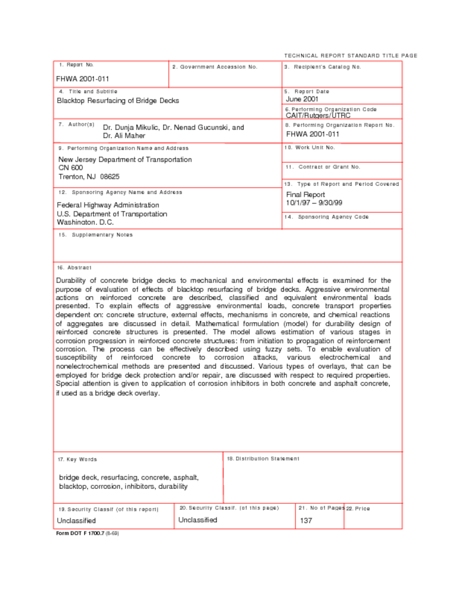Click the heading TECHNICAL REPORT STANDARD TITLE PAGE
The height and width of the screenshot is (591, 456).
(351, 55)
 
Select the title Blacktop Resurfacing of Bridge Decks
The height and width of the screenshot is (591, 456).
(118, 100)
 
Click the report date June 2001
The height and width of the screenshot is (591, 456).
(302, 99)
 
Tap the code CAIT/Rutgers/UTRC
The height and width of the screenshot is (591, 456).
(318, 115)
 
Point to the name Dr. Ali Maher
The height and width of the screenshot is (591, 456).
(125, 136)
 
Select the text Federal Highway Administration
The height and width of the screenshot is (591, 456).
(108, 205)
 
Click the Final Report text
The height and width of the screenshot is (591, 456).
(306, 195)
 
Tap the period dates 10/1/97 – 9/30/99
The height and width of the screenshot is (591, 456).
(314, 203)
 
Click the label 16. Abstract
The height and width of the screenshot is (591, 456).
(74, 268)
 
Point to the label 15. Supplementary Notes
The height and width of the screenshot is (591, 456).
(95, 235)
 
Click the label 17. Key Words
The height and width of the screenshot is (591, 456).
(77, 459)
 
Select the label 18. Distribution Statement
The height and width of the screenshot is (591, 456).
(263, 459)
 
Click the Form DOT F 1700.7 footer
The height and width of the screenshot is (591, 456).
(86, 533)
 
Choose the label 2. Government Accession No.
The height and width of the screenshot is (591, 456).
(215, 67)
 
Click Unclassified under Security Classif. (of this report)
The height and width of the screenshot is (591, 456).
(76, 521)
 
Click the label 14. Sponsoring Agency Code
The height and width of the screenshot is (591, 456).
(326, 217)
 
